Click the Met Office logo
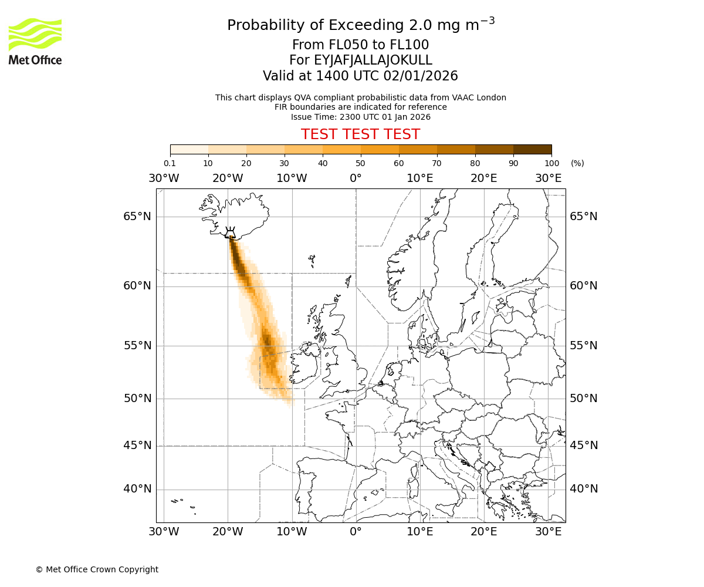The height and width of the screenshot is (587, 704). coord(35,41)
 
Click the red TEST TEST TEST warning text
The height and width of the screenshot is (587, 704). coord(360,134)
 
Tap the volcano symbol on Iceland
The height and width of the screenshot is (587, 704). coord(230,233)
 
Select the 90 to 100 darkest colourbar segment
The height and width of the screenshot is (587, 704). coord(532,149)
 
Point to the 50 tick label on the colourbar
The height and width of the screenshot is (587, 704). coord(360,163)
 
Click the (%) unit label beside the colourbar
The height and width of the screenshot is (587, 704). coord(577,163)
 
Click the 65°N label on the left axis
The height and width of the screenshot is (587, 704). coord(137,217)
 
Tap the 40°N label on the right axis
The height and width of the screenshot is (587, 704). coord(584,489)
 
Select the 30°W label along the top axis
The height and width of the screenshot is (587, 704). coord(164,178)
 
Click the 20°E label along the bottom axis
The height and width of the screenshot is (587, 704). coord(484,532)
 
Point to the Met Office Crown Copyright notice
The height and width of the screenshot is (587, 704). coord(97,569)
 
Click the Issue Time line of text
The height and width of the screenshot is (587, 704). coord(360,117)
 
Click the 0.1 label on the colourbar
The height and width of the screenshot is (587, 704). coord(170,163)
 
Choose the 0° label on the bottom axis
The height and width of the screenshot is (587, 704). coord(356,532)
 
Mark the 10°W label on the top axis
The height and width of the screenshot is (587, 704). coord(292,178)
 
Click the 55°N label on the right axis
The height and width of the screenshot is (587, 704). coord(584,345)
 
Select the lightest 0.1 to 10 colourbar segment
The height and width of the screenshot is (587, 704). coord(189,149)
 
